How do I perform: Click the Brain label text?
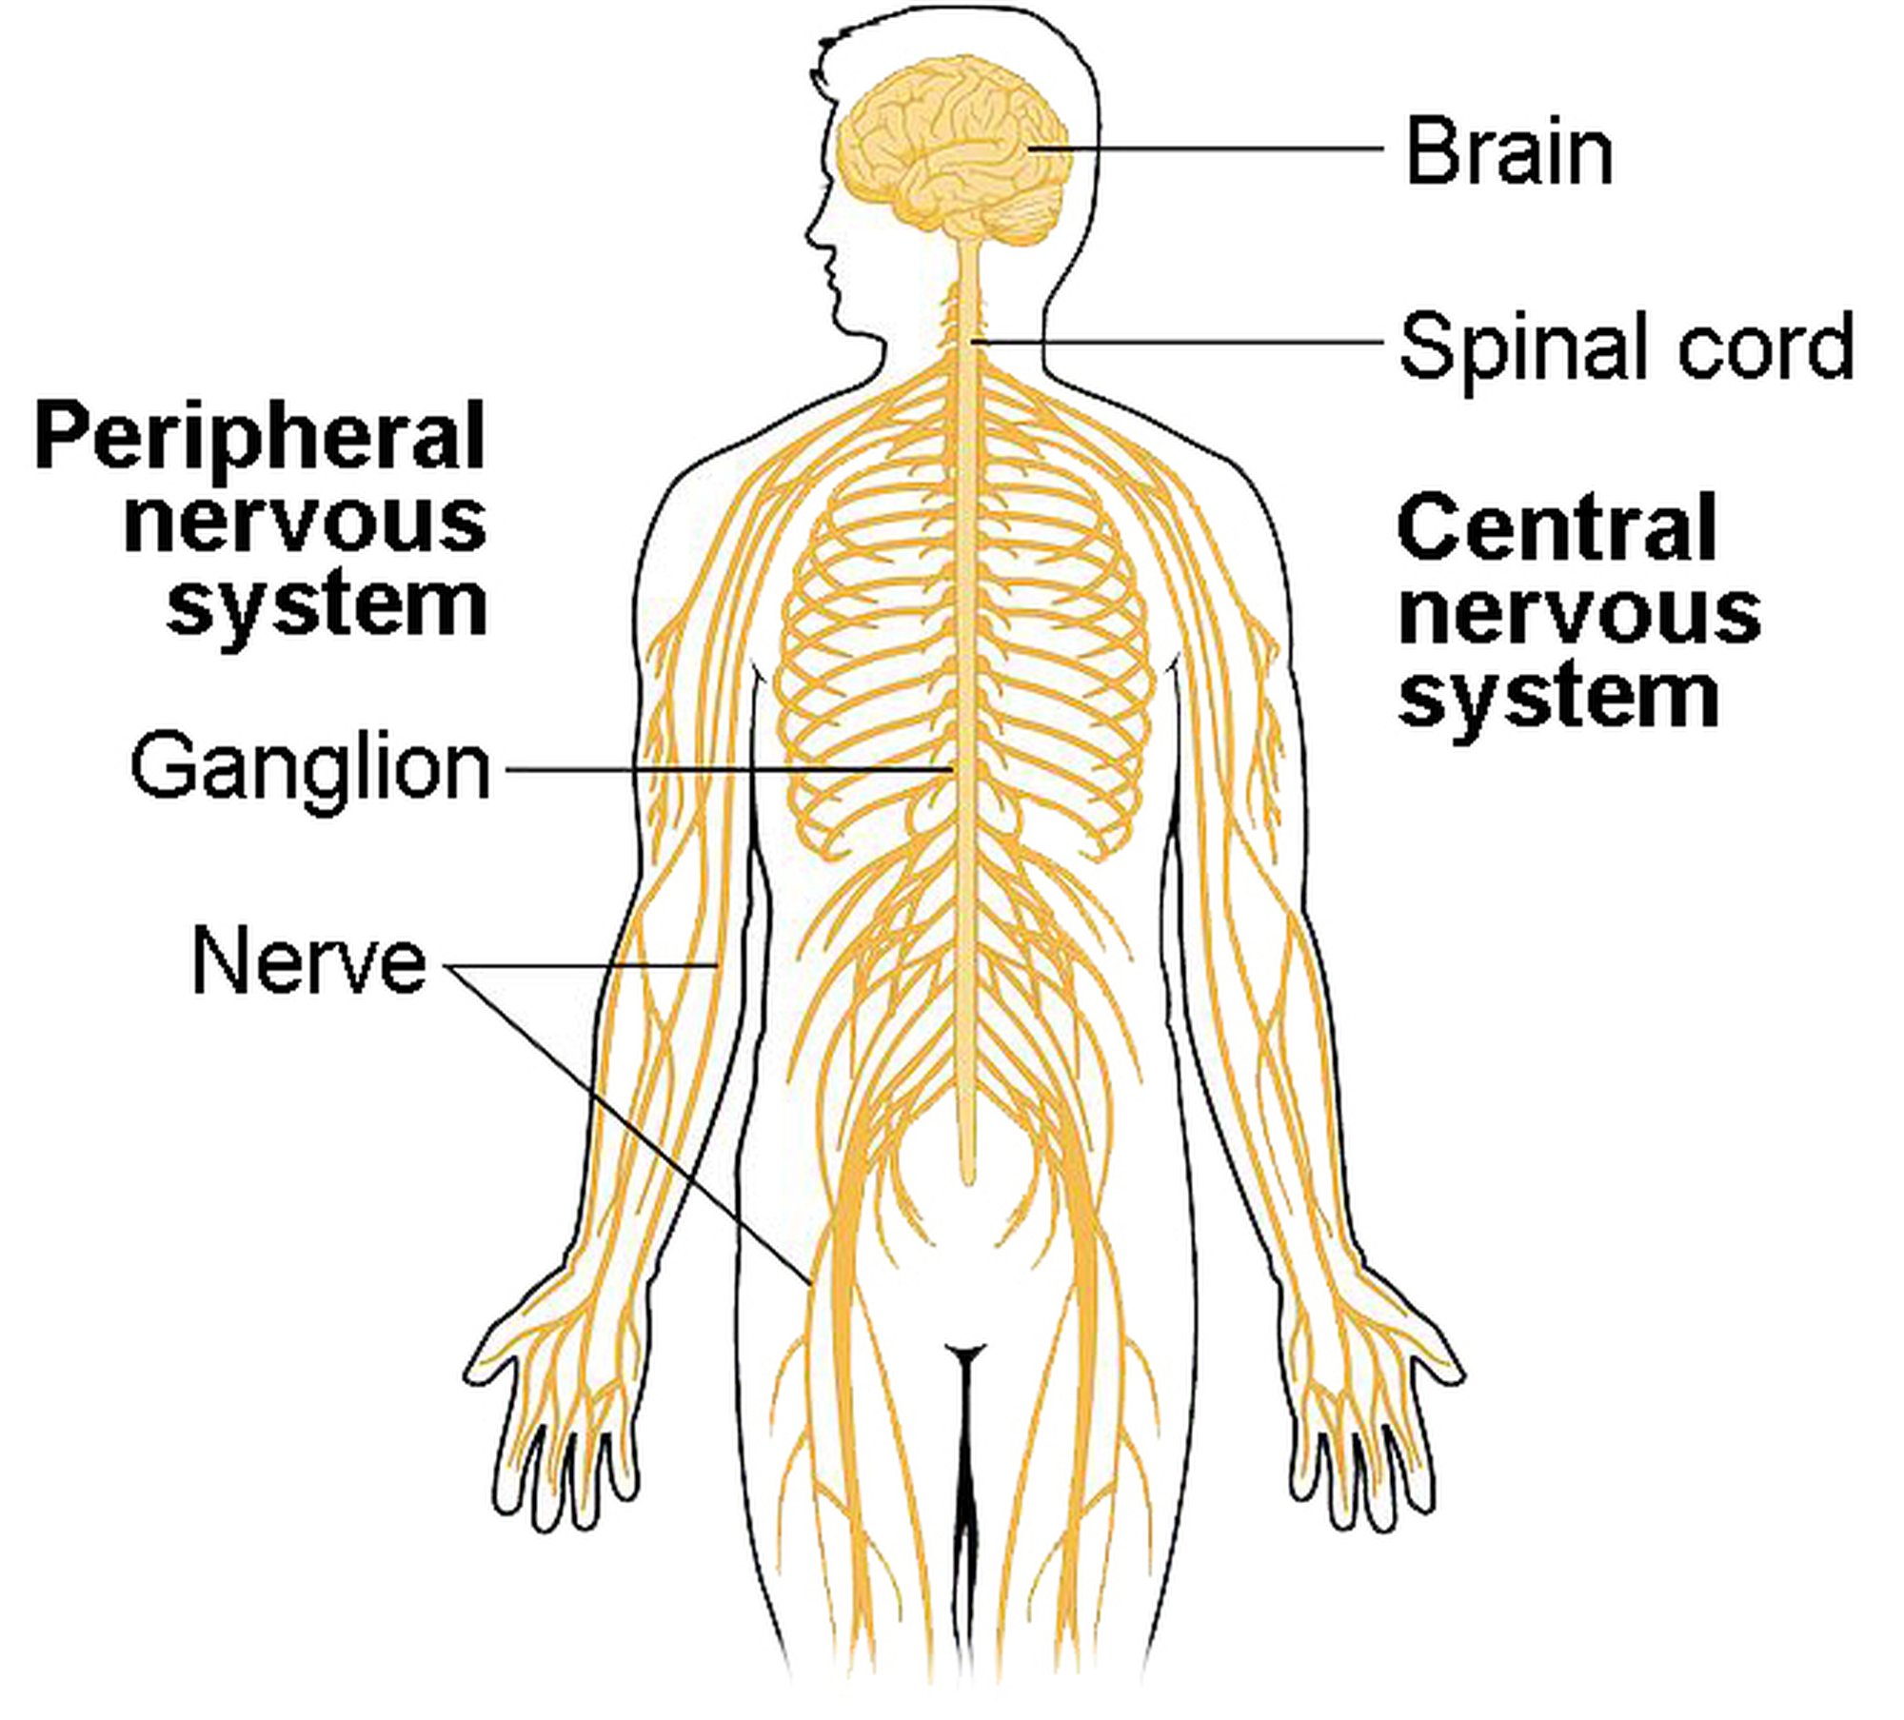[1510, 151]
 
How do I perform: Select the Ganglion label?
[311, 768]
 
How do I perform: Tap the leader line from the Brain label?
[1204, 149]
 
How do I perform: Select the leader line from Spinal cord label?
[1177, 341]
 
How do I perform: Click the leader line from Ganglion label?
[727, 769]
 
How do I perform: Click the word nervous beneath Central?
[1579, 613]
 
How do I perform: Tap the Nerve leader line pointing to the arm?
[582, 965]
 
